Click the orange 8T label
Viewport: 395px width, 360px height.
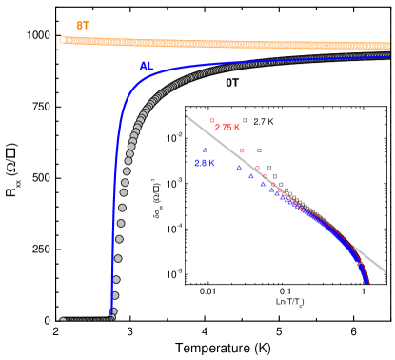pyautogui.click(x=83, y=26)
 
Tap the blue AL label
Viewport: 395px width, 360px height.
pyautogui.click(x=147, y=66)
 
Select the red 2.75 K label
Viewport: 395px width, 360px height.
pyautogui.click(x=227, y=128)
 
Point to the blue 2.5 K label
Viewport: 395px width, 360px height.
pyautogui.click(x=205, y=164)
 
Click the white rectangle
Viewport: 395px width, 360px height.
pyautogui.click(x=157, y=261)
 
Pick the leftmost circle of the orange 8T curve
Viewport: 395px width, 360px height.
pyautogui.click(x=63, y=40)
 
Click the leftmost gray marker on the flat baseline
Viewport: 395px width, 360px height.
pyautogui.click(x=63, y=320)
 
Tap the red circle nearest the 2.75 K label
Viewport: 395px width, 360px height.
pyautogui.click(x=211, y=121)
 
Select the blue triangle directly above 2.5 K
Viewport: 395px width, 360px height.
pyautogui.click(x=205, y=150)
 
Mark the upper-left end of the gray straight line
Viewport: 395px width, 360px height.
pyautogui.click(x=187, y=116)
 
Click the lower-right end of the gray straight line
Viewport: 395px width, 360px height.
pyautogui.click(x=385, y=272)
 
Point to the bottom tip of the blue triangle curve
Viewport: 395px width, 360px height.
pyautogui.click(x=366, y=282)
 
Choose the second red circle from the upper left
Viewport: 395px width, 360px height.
pyautogui.click(x=242, y=150)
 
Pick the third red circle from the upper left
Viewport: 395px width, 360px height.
pyautogui.click(x=257, y=168)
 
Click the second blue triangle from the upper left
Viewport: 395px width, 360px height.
pyautogui.click(x=239, y=169)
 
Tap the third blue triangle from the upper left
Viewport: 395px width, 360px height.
pyautogui.click(x=251, y=176)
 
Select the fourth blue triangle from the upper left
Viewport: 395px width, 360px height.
pyautogui.click(x=263, y=184)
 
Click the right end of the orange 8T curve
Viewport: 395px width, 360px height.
pyautogui.click(x=388, y=46)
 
